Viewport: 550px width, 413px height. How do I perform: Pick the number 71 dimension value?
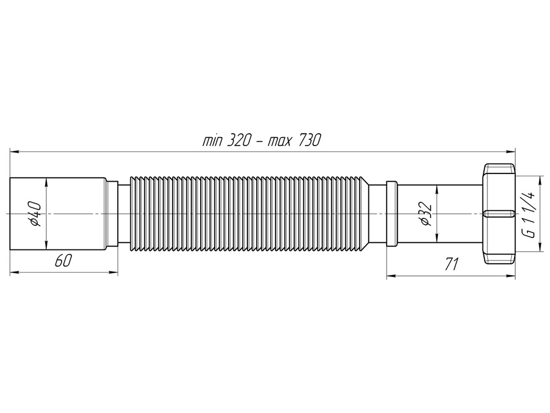tap(451, 265)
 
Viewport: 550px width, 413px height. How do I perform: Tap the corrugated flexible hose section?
tap(248, 214)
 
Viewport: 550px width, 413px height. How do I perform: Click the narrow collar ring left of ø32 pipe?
tap(392, 214)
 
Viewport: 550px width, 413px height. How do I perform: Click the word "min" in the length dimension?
tap(211, 141)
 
